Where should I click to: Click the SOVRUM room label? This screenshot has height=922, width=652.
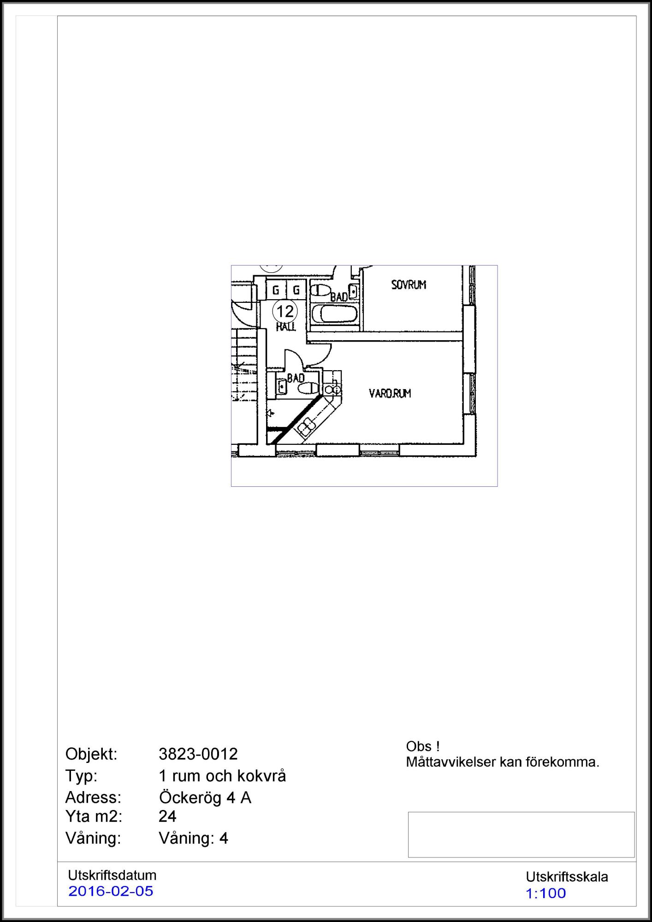tap(409, 285)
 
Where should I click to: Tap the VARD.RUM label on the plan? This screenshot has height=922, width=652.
tap(390, 393)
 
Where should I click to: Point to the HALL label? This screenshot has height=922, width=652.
tap(285, 327)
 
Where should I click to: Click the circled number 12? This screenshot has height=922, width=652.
tap(285, 311)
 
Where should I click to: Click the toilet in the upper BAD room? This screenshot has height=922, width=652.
tap(320, 290)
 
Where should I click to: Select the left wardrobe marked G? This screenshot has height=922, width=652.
tap(276, 290)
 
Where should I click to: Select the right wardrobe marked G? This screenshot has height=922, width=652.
tap(296, 290)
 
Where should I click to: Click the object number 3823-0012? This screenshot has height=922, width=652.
tap(198, 754)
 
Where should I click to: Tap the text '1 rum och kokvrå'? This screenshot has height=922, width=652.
tap(222, 776)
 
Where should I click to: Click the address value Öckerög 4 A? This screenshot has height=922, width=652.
tap(205, 798)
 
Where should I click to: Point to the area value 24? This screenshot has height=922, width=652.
tap(167, 816)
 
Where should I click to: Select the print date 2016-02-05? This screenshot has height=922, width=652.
tap(111, 891)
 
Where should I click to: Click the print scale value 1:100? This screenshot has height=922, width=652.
tap(545, 893)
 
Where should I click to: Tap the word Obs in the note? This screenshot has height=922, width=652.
tap(419, 746)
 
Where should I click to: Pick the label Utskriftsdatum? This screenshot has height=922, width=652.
tap(112, 875)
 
